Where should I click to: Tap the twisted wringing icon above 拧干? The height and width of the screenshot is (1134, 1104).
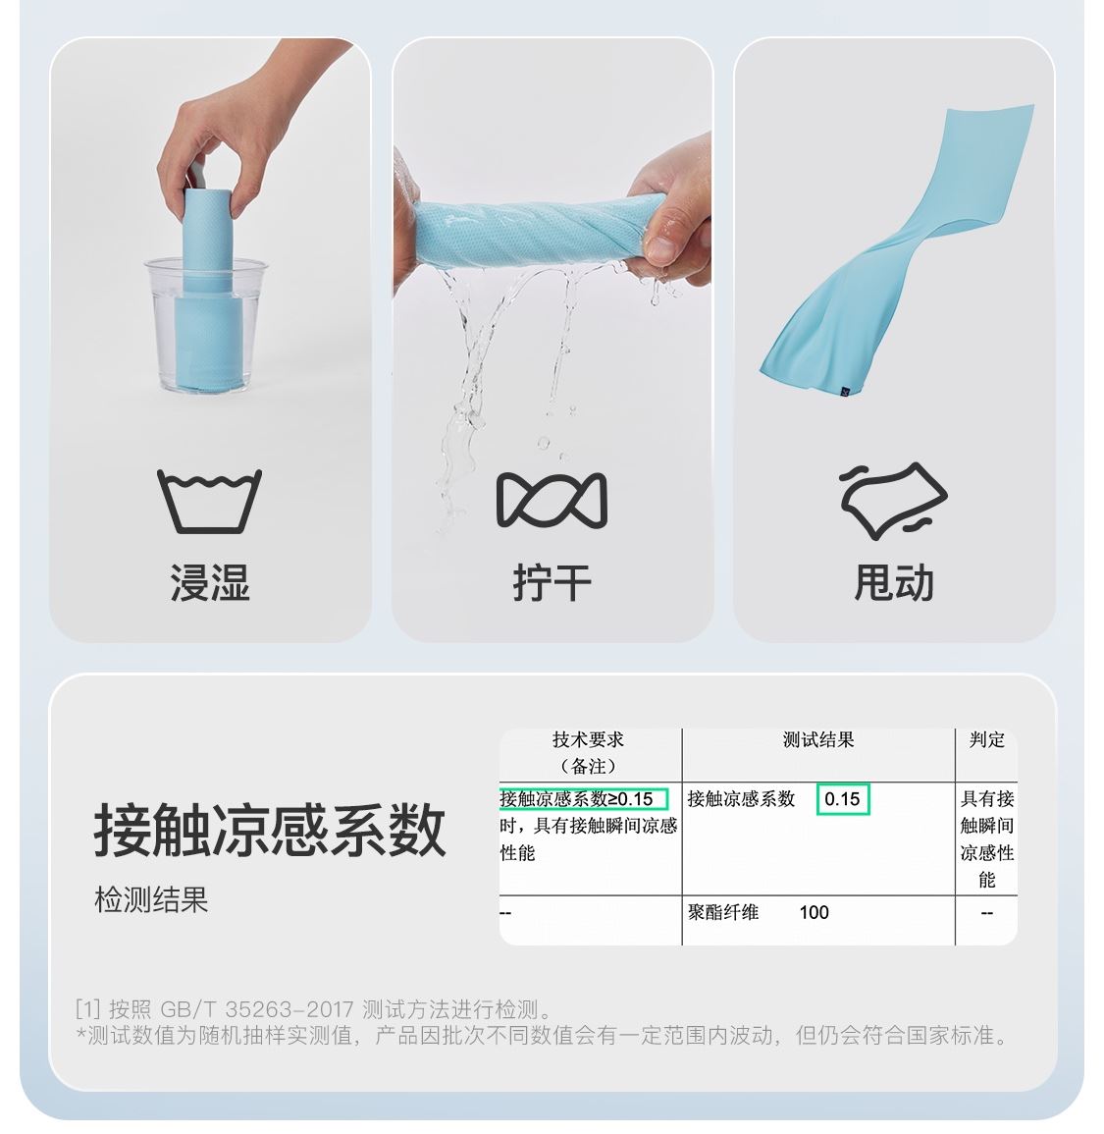[x=552, y=500]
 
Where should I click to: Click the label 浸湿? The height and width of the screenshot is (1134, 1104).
[x=210, y=583]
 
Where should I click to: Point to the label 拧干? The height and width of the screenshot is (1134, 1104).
[x=552, y=583]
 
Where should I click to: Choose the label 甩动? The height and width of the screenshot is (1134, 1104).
[x=894, y=583]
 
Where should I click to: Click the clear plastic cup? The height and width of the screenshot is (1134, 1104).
[x=206, y=325]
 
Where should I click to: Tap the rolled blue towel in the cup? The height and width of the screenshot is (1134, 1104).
[x=207, y=290]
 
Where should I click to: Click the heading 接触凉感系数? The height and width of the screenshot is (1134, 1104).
[x=270, y=831]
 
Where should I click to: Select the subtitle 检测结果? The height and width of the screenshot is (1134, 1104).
[x=151, y=899]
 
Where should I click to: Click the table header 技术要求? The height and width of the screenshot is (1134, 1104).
[x=588, y=739]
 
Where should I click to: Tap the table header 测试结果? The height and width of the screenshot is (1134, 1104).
[x=818, y=739]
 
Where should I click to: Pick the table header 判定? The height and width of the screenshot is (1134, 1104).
[x=987, y=739]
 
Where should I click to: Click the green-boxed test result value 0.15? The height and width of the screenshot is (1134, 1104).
[x=842, y=799]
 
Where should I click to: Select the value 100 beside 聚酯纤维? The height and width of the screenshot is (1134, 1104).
[x=815, y=912]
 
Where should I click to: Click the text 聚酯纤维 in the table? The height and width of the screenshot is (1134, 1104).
[x=723, y=912]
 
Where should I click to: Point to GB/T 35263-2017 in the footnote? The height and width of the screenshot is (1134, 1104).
[x=257, y=1009]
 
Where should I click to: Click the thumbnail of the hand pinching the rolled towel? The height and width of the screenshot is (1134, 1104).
[x=210, y=340]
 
